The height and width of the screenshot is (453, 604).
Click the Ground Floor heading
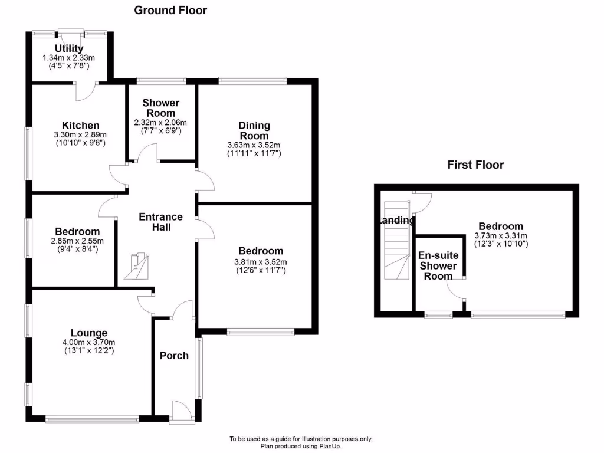coord(170,10)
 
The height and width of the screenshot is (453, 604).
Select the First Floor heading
coord(475,165)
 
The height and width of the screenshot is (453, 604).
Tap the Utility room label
coord(69,48)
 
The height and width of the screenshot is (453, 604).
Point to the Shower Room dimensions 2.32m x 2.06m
coord(160,123)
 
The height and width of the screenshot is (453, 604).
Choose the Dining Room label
coord(254,130)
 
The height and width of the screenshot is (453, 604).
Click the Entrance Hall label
coord(160,222)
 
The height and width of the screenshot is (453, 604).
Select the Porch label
coord(175,355)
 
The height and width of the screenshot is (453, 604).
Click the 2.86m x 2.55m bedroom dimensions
coord(77,241)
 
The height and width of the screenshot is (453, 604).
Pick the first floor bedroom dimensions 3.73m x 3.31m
coord(501,236)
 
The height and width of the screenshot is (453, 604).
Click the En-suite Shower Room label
coord(438,265)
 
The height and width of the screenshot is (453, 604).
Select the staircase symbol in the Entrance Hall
coord(138,266)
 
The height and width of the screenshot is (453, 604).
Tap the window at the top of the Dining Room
coord(252,80)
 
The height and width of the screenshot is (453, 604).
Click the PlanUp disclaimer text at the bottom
coord(301,442)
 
